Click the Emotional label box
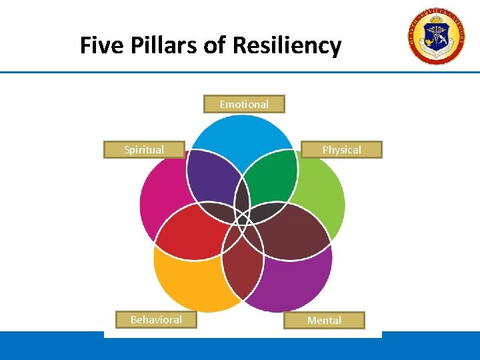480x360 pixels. coord(244,104)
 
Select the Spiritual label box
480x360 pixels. coord(144,149)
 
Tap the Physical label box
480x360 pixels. coord(342,149)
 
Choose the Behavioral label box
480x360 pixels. coord(156,320)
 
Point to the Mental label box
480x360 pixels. coord(324,321)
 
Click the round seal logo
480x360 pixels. coord(437,37)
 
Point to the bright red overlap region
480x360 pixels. coord(190,230)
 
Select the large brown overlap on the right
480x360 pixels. coord(293,230)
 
